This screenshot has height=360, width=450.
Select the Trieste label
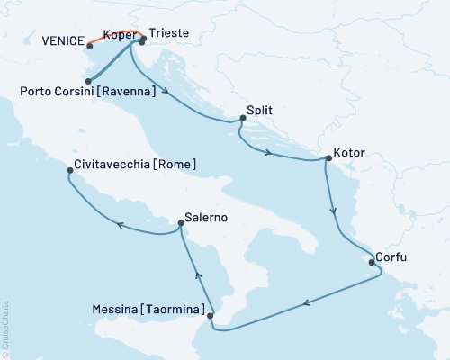click(x=168, y=32)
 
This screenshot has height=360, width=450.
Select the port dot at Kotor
click(x=328, y=159)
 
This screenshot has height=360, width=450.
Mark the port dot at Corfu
click(x=369, y=262)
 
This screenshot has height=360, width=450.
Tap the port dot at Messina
click(x=211, y=315)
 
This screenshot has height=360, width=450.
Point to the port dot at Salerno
click(x=179, y=225)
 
